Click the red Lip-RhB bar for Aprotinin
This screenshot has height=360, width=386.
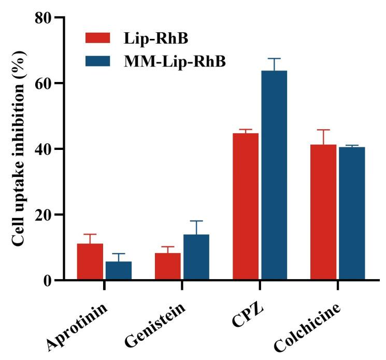[90, 262]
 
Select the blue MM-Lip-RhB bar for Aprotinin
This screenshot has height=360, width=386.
[118, 271]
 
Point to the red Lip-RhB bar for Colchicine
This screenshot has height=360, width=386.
[323, 212]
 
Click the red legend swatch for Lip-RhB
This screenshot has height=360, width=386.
[98, 38]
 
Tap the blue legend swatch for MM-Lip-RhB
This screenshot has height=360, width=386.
[98, 61]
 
